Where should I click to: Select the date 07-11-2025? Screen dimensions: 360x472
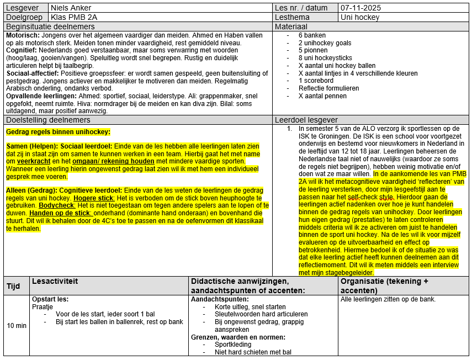[x=360, y=8]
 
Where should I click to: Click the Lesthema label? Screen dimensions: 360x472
[x=295, y=17]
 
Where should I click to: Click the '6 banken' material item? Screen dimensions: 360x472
[x=312, y=35]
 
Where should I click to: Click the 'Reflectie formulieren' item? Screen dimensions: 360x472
[x=328, y=88]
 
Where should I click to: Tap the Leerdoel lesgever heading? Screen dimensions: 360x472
[x=306, y=119]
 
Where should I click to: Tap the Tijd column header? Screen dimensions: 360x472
[x=13, y=286]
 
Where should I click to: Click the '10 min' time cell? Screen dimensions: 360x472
[x=17, y=325]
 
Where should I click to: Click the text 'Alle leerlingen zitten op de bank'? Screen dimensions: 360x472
[x=388, y=299]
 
